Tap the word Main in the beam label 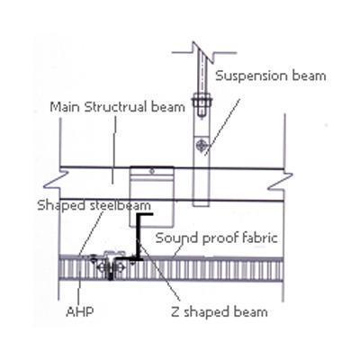65,107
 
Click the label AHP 80,311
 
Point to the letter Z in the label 175,312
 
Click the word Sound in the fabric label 176,238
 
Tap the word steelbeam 121,205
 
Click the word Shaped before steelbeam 62,206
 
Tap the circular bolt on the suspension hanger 201,146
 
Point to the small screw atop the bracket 152,171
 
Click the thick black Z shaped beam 139,237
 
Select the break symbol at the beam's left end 57,180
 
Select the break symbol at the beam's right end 281,182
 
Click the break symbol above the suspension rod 204,50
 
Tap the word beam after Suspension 309,75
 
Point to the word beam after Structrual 167,107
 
